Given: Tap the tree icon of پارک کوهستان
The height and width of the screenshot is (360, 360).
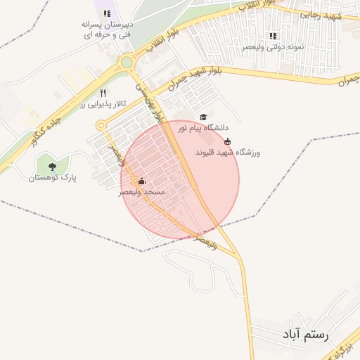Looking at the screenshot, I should [x=52, y=167].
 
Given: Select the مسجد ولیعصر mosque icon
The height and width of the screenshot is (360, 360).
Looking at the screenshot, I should [x=141, y=181].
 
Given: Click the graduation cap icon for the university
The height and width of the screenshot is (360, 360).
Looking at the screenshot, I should [x=203, y=117].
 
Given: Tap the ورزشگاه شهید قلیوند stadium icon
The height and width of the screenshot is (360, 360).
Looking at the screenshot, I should [x=226, y=141].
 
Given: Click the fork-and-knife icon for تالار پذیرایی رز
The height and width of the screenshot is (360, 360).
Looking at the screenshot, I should [x=103, y=92].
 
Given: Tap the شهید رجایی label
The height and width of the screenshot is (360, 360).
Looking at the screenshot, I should [x=321, y=14].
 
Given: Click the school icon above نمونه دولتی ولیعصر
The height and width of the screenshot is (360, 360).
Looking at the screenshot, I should [x=273, y=36].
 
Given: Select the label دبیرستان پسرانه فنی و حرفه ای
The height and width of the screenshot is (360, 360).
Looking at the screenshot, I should [x=108, y=28].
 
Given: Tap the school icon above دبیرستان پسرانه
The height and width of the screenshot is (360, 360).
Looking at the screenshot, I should [x=107, y=13].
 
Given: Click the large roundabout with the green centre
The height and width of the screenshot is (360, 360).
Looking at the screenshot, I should [x=127, y=63].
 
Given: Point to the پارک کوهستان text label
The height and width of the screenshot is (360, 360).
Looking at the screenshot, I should [x=52, y=178].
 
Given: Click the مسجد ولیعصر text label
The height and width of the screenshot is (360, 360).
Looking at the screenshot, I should [x=142, y=191].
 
